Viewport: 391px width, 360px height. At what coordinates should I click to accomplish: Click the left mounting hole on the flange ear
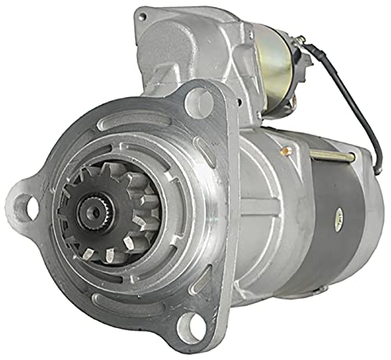(25, 207)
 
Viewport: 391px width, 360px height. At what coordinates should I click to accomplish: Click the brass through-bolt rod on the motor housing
(336, 157)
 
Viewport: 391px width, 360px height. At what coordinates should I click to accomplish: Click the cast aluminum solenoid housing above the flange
(195, 47)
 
